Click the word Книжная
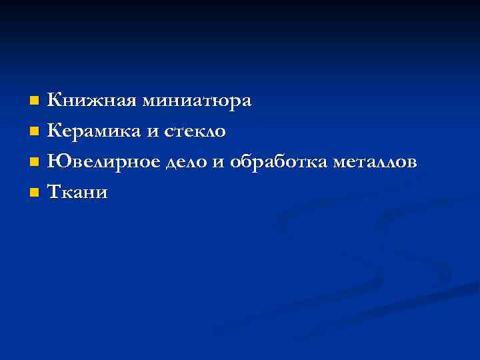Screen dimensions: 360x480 90,101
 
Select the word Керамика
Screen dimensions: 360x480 93,132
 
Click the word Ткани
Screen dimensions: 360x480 78,193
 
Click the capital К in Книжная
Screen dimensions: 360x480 55,101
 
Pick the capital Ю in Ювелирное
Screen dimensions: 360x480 57,162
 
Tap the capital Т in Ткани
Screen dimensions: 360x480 55,192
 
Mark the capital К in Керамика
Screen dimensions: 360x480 55,131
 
